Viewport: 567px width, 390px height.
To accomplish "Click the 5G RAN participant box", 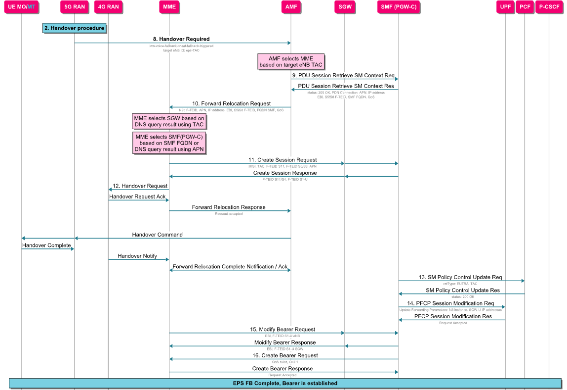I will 74,7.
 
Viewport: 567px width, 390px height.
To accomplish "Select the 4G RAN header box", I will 108,7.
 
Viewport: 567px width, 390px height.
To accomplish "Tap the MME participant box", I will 169,7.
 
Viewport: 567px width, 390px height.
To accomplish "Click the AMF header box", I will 291,7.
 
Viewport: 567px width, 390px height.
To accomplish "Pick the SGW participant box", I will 345,7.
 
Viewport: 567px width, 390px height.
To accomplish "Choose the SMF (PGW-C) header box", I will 399,7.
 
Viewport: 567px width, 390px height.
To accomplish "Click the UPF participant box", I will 505,7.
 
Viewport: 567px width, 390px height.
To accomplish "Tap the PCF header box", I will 525,7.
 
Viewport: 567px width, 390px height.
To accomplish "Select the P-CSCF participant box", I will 548,7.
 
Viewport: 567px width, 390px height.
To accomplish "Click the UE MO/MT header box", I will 21,7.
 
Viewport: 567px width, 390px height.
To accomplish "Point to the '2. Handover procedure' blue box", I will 74,28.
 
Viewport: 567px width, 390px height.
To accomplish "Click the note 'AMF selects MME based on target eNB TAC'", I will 291,62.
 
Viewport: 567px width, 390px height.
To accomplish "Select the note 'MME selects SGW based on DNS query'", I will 169,121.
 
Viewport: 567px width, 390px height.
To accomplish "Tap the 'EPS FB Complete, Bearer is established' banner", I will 285,383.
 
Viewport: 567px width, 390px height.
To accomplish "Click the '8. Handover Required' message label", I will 181,39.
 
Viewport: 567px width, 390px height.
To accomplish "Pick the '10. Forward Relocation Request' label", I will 231,103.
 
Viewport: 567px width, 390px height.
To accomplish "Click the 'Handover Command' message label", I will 157,235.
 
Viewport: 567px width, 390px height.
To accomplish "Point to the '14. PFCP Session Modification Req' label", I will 450,303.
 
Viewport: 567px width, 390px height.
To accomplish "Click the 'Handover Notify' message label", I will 137,256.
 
